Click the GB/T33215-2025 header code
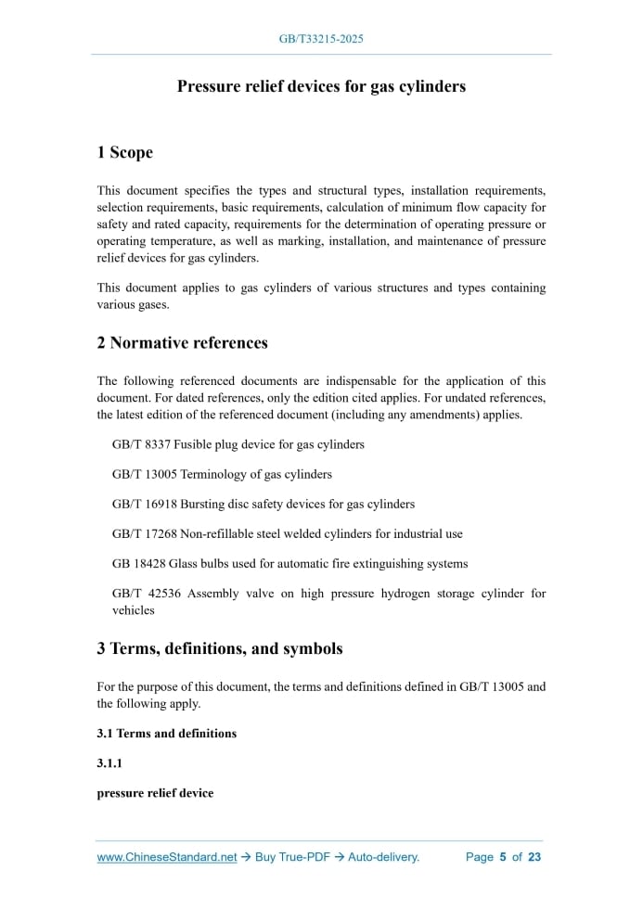pos(321,39)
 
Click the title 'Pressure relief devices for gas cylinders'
pos(321,86)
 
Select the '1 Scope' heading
pos(124,152)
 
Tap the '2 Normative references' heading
pos(182,342)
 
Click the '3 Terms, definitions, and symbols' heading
pos(219,648)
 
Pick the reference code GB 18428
pos(138,563)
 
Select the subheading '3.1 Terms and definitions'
pos(166,733)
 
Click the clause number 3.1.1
pos(110,762)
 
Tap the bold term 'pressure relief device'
pos(155,793)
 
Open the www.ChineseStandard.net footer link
pos(167,857)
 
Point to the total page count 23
pos(534,857)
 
